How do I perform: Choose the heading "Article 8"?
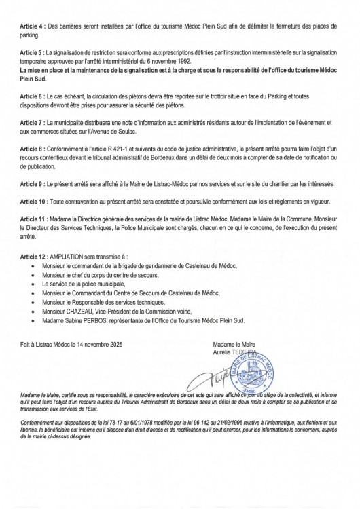pyautogui.click(x=33, y=147)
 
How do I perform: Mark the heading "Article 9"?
pyautogui.click(x=33, y=183)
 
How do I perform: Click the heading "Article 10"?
pyautogui.click(x=34, y=202)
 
